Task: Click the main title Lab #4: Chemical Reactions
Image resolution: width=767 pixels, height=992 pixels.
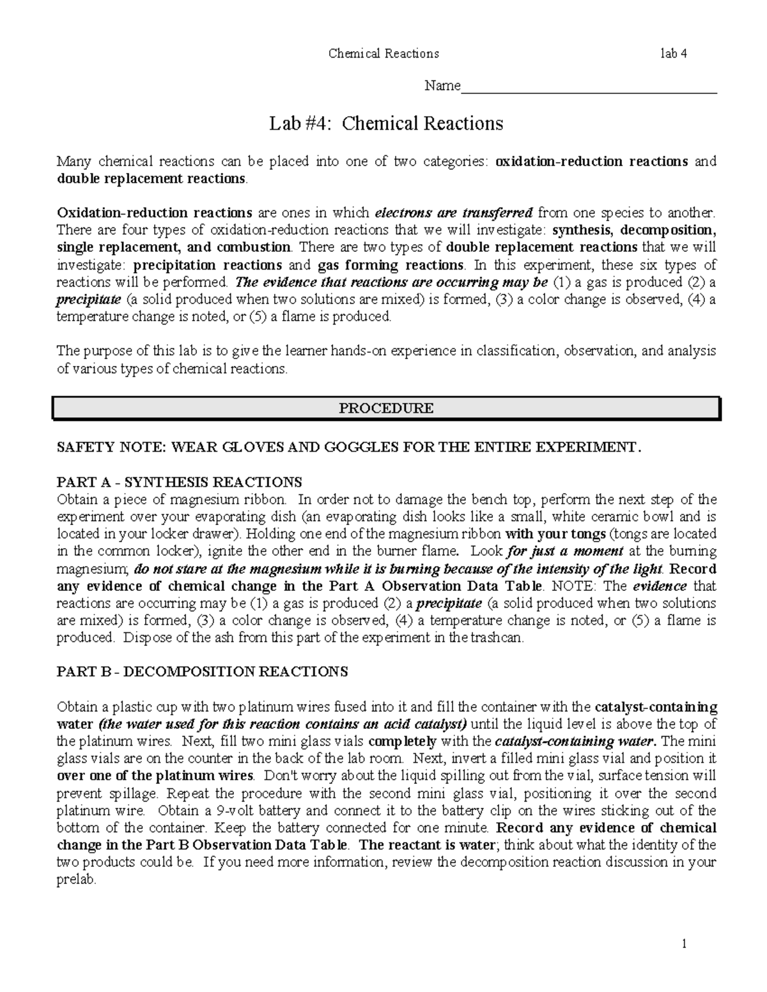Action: coord(386,123)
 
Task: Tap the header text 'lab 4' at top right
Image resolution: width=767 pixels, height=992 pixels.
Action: coord(674,54)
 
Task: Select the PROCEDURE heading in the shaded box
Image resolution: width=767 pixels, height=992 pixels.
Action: coord(386,409)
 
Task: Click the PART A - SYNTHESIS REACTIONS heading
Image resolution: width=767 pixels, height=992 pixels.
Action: coord(180,482)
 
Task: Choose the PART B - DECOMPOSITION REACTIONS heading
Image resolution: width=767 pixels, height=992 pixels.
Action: coord(203,671)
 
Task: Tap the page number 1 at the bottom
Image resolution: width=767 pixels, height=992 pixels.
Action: coord(683,943)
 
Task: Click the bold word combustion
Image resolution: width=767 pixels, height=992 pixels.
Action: coord(254,247)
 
